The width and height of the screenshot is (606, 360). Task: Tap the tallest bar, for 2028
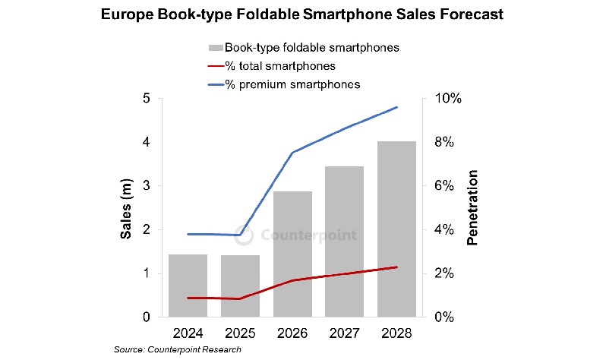(x=397, y=228)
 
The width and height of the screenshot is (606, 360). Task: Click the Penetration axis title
(x=472, y=208)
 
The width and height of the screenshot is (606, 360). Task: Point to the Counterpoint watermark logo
(x=243, y=234)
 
